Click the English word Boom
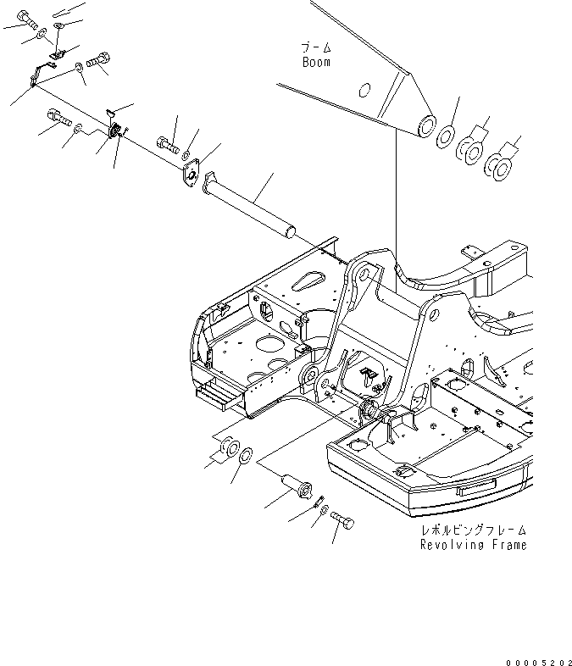[x=316, y=62]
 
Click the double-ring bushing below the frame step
[x=228, y=447]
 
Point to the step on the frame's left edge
[x=216, y=392]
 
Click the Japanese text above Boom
[x=315, y=48]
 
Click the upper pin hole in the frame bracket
[x=362, y=274]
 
